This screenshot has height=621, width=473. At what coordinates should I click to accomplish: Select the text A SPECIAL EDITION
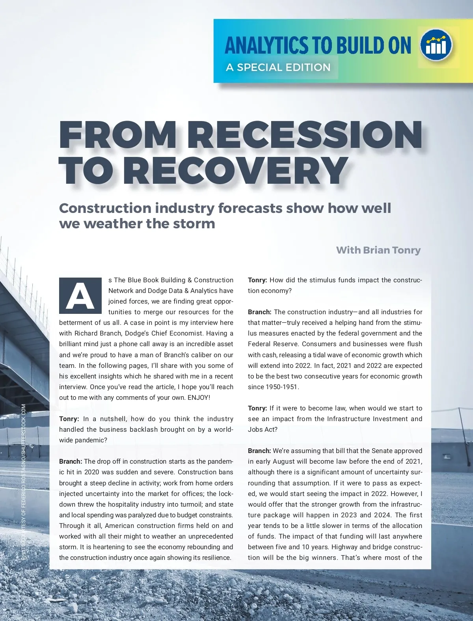click(278, 67)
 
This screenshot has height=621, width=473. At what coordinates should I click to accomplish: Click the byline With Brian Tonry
click(378, 250)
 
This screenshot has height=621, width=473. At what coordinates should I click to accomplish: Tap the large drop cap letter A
click(80, 296)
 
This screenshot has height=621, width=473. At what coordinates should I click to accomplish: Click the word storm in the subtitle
click(194, 224)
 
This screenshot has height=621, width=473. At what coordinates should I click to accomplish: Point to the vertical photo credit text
click(24, 481)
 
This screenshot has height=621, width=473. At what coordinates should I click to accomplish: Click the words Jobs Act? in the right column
click(263, 429)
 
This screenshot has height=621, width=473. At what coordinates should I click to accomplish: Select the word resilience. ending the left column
click(216, 558)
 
